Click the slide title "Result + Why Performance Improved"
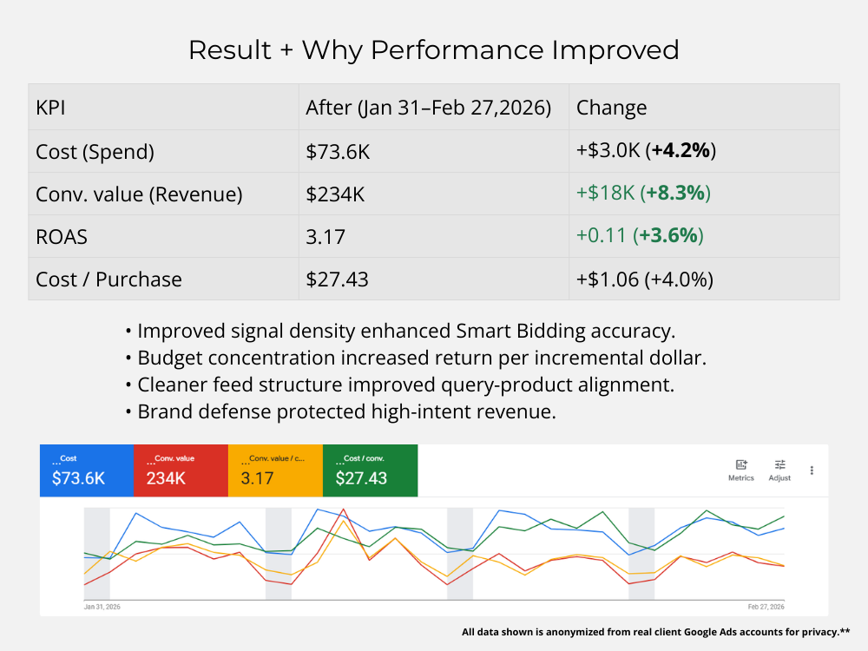pyautogui.click(x=433, y=49)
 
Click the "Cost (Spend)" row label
pyautogui.click(x=95, y=151)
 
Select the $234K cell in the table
pyautogui.click(x=335, y=194)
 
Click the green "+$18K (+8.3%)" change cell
pyautogui.click(x=643, y=194)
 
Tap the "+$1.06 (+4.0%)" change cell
pyautogui.click(x=644, y=279)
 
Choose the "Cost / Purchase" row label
pyautogui.click(x=108, y=279)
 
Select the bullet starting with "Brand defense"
pyautogui.click(x=346, y=411)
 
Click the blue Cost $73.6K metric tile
pyautogui.click(x=87, y=470)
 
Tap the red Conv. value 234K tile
pyautogui.click(x=181, y=470)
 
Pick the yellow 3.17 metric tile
pyautogui.click(x=275, y=470)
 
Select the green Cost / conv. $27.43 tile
pyautogui.click(x=370, y=470)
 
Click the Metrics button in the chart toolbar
pyautogui.click(x=741, y=470)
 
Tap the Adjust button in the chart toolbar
pyautogui.click(x=779, y=470)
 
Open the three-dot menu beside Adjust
pyautogui.click(x=812, y=470)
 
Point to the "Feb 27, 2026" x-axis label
pyautogui.click(x=766, y=607)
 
